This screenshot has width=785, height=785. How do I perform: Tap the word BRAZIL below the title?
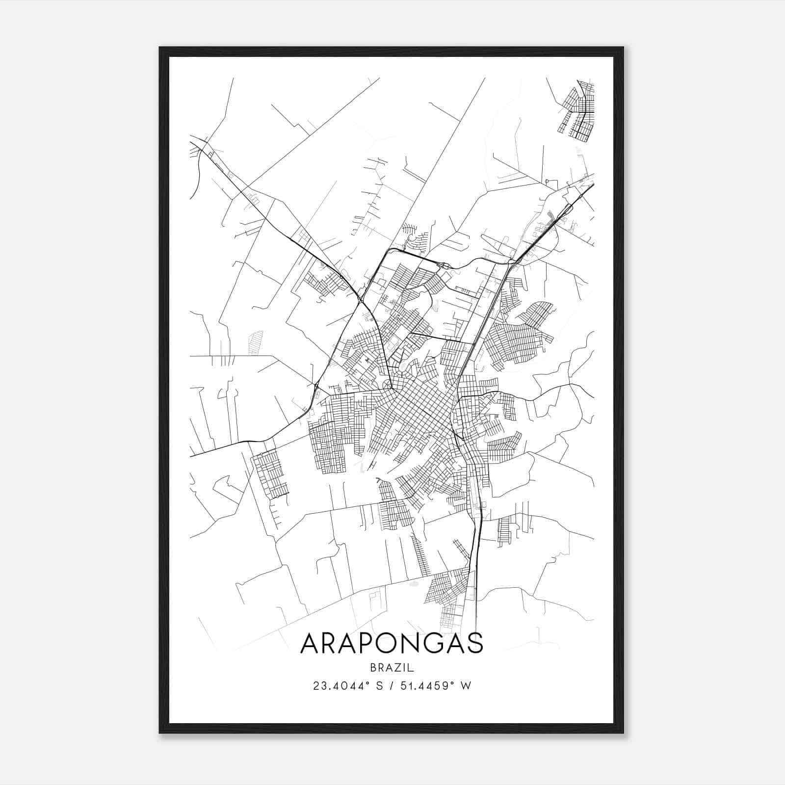[x=392, y=668]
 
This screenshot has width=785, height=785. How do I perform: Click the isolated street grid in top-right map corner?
[x=578, y=111]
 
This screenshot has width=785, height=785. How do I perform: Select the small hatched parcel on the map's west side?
[x=256, y=342]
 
